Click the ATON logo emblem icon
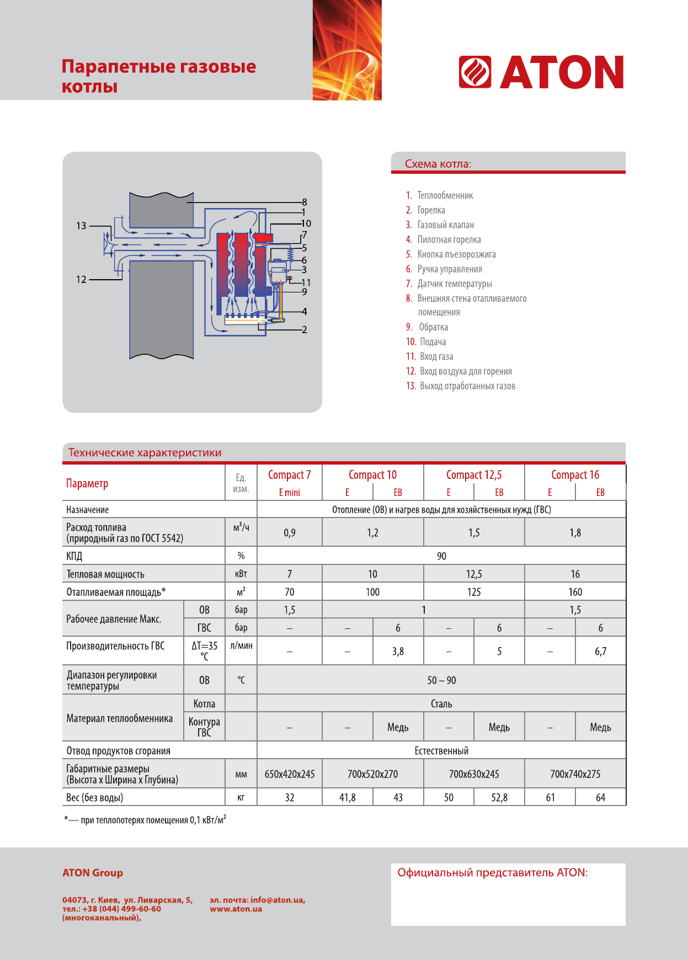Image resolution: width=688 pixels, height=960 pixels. click(475, 72)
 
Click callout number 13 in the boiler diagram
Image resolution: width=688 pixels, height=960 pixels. click(81, 226)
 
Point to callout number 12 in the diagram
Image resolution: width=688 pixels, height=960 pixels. click(81, 279)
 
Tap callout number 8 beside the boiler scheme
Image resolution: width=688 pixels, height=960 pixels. click(305, 202)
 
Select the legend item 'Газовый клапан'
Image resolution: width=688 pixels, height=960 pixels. click(445, 225)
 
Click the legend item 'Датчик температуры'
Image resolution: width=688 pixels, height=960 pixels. click(454, 284)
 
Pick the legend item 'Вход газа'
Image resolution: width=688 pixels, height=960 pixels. click(436, 356)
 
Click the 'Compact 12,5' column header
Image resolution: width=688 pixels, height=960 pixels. click(474, 475)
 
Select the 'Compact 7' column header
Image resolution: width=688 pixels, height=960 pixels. click(289, 475)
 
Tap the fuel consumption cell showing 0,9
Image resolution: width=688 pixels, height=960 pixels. click(289, 533)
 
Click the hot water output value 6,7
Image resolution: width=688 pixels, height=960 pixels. click(600, 652)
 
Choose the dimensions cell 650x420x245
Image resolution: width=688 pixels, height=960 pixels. click(289, 774)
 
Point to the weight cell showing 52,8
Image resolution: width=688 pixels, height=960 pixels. click(499, 798)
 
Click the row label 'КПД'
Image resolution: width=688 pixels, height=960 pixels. click(74, 556)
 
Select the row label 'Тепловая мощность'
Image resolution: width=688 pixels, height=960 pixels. click(105, 574)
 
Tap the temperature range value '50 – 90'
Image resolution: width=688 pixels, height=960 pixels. click(441, 680)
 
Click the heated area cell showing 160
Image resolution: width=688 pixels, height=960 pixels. click(575, 592)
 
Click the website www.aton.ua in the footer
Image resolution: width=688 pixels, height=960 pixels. click(236, 909)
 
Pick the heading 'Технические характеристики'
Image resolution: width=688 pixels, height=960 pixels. click(145, 453)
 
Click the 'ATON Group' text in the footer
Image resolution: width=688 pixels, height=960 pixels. click(93, 873)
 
